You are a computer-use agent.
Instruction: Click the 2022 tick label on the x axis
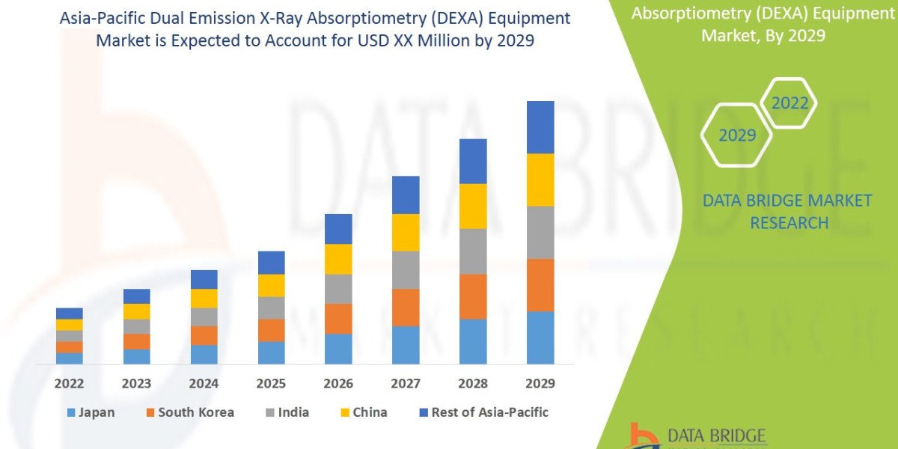tap(69, 384)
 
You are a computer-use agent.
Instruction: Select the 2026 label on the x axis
tap(338, 384)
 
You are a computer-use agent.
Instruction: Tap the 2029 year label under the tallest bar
tap(540, 384)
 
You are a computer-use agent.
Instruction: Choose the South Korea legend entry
tap(189, 412)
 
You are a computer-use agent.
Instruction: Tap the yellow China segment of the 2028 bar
tap(473, 206)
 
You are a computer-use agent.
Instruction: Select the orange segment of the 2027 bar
tap(406, 307)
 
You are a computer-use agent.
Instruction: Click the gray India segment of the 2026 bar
tap(338, 288)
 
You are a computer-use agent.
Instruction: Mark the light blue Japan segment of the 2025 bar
tap(271, 352)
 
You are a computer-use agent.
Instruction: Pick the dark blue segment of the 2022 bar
tap(69, 313)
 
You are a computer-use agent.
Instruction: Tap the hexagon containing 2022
tap(789, 103)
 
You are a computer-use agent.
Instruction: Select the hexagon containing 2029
tap(736, 135)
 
